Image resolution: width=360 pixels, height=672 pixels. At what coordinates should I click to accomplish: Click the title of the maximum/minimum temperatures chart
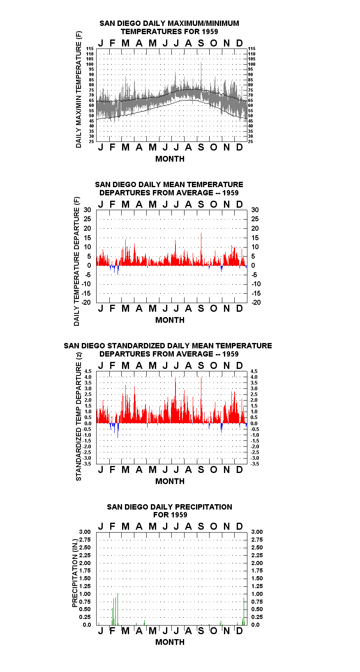[169, 27]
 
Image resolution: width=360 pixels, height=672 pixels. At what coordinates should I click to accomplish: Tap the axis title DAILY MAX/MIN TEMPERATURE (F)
[78, 89]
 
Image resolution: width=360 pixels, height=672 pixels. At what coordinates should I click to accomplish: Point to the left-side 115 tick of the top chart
[90, 49]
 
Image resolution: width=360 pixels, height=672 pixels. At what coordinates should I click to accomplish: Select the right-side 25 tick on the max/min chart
[250, 141]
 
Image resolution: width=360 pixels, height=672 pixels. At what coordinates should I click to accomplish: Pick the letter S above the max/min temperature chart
[201, 44]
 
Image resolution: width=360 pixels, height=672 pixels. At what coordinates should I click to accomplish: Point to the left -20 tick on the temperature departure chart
[86, 302]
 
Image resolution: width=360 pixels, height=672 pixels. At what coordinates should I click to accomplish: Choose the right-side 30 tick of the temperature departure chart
[255, 210]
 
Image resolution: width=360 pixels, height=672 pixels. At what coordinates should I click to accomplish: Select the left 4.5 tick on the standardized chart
[88, 371]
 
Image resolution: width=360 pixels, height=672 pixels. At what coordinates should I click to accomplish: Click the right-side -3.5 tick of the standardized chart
[255, 464]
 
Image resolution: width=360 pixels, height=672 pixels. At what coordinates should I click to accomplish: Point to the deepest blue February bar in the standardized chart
[118, 431]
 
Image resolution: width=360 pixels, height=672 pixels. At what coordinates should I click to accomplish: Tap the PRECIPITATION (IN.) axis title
[75, 573]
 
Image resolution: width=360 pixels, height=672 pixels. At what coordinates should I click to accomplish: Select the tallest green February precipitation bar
[118, 609]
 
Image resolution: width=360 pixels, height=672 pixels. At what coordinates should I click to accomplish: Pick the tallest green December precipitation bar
[244, 612]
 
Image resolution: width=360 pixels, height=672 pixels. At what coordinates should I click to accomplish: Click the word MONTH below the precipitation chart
[170, 642]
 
